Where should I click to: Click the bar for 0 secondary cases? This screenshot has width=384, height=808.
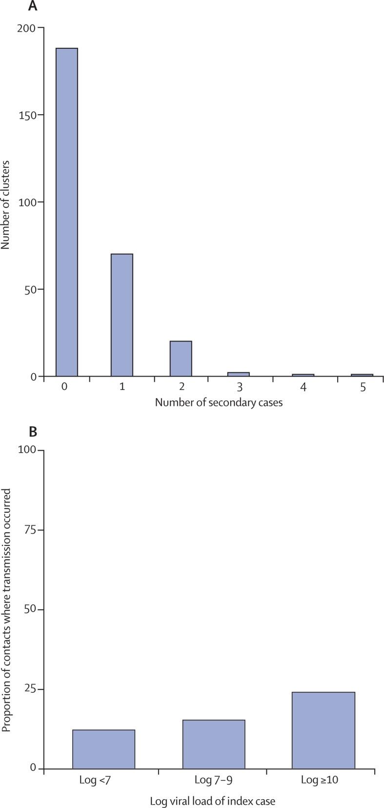pos(66,212)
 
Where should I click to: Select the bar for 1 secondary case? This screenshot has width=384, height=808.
pos(121,315)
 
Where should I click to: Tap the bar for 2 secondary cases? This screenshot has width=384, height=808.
pos(181,359)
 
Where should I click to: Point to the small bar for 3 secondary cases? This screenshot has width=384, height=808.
pos(239,374)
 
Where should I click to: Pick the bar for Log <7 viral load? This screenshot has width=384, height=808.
pos(103,749)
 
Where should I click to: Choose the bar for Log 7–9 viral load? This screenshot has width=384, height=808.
pos(214,744)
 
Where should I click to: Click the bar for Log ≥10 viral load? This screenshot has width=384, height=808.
pos(323,730)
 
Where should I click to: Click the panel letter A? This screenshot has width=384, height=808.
pos(33,6)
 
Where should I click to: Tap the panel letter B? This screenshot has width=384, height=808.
pos(33,432)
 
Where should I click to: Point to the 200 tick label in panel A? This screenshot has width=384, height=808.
pos(27,28)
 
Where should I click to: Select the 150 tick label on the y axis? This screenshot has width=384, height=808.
pos(27,115)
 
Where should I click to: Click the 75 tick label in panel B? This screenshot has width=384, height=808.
pos(30,530)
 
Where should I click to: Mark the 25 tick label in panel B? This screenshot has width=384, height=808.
pos(30,689)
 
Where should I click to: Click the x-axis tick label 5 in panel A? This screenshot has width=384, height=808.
pos(363,387)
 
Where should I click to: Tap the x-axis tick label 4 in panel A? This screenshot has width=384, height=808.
pos(303,387)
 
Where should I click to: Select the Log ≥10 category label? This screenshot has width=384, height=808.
pos(320,780)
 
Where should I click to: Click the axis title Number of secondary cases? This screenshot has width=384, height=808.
pos(219,403)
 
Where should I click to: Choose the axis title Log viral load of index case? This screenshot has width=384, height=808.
pos(212,801)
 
